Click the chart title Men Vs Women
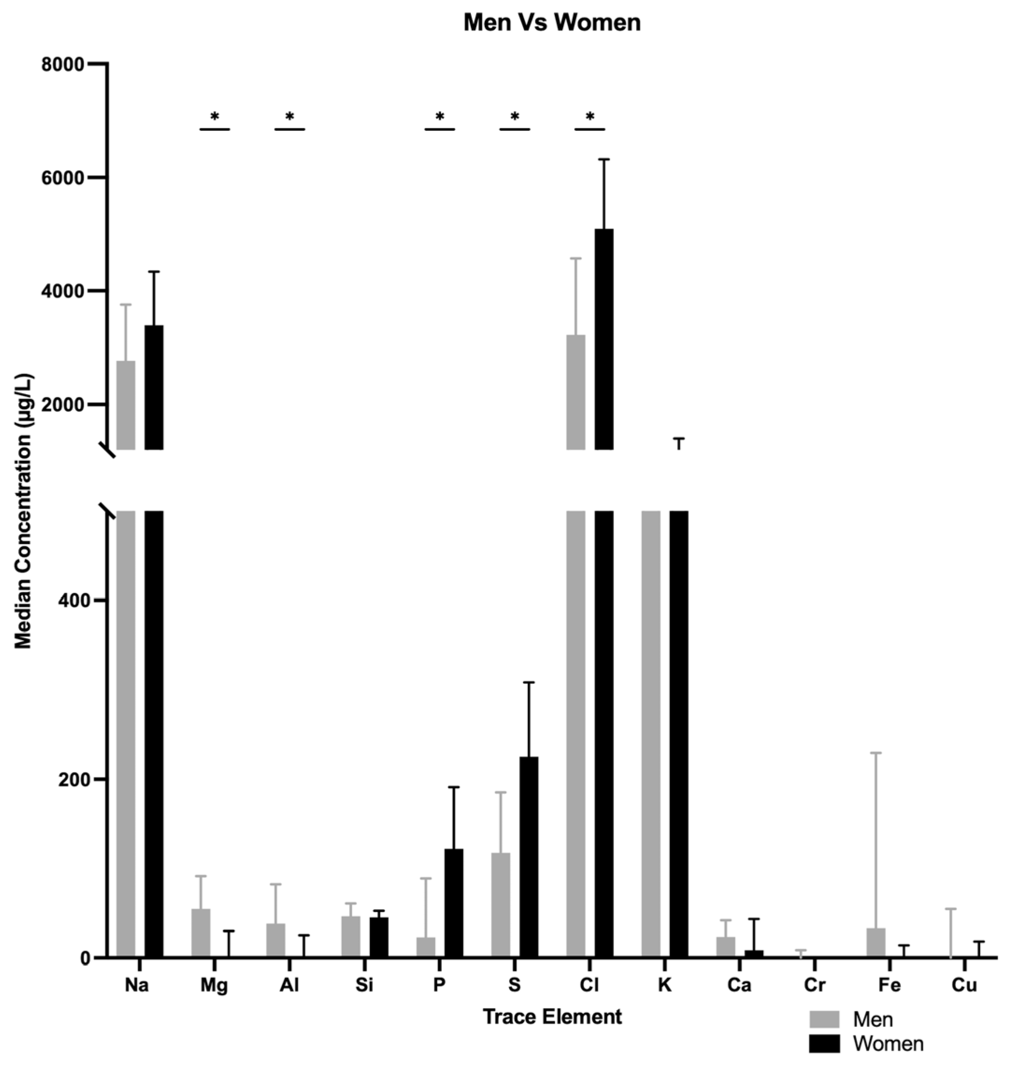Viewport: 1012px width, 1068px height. click(x=552, y=23)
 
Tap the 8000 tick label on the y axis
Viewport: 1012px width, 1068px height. click(x=63, y=65)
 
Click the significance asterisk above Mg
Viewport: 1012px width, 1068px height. click(x=215, y=116)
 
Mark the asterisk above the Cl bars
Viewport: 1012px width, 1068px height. click(x=590, y=116)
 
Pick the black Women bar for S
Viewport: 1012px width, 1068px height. click(x=529, y=858)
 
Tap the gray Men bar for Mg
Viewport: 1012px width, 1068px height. click(x=201, y=933)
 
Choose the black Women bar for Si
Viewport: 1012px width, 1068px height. click(x=379, y=937)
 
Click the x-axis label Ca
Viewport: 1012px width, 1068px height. click(x=739, y=985)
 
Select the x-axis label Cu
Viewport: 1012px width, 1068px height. click(x=964, y=985)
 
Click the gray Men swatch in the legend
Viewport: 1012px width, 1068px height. click(x=824, y=1019)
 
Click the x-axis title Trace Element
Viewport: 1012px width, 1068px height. click(x=552, y=1017)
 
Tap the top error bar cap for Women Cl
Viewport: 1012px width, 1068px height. click(x=604, y=159)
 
